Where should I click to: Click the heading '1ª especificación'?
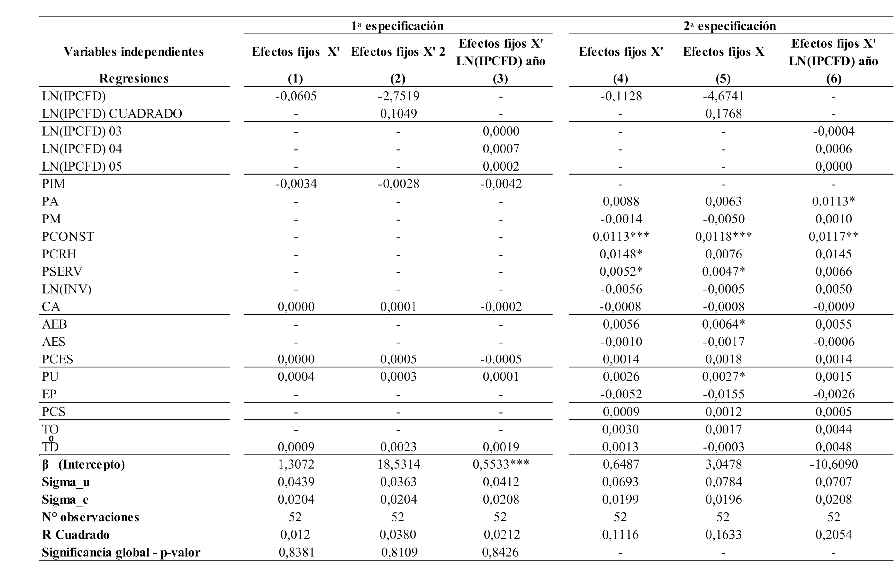click(397, 26)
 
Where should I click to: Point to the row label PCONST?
click(68, 236)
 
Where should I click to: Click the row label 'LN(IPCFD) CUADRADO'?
click(112, 114)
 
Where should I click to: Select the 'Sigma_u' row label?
click(66, 482)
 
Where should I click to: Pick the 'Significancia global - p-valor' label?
click(121, 552)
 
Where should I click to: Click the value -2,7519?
click(398, 96)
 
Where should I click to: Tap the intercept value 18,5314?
click(398, 464)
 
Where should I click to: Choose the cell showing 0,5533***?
click(501, 464)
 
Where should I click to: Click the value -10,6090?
click(833, 464)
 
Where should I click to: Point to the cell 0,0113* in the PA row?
click(833, 201)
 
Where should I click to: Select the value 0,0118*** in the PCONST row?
click(723, 236)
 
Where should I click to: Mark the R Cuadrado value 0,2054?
click(833, 535)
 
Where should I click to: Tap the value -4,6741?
click(723, 96)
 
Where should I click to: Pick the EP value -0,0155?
click(723, 394)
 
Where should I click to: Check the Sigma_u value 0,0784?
click(723, 482)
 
